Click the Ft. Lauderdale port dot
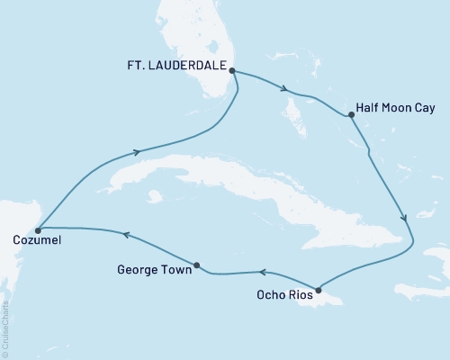(231, 70)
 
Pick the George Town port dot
(197, 265)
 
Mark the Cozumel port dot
(38, 230)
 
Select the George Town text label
(155, 269)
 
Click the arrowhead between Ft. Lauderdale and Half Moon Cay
(284, 89)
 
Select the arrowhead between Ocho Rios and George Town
(264, 271)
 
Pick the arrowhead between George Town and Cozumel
(126, 235)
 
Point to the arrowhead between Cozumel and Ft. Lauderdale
(137, 153)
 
